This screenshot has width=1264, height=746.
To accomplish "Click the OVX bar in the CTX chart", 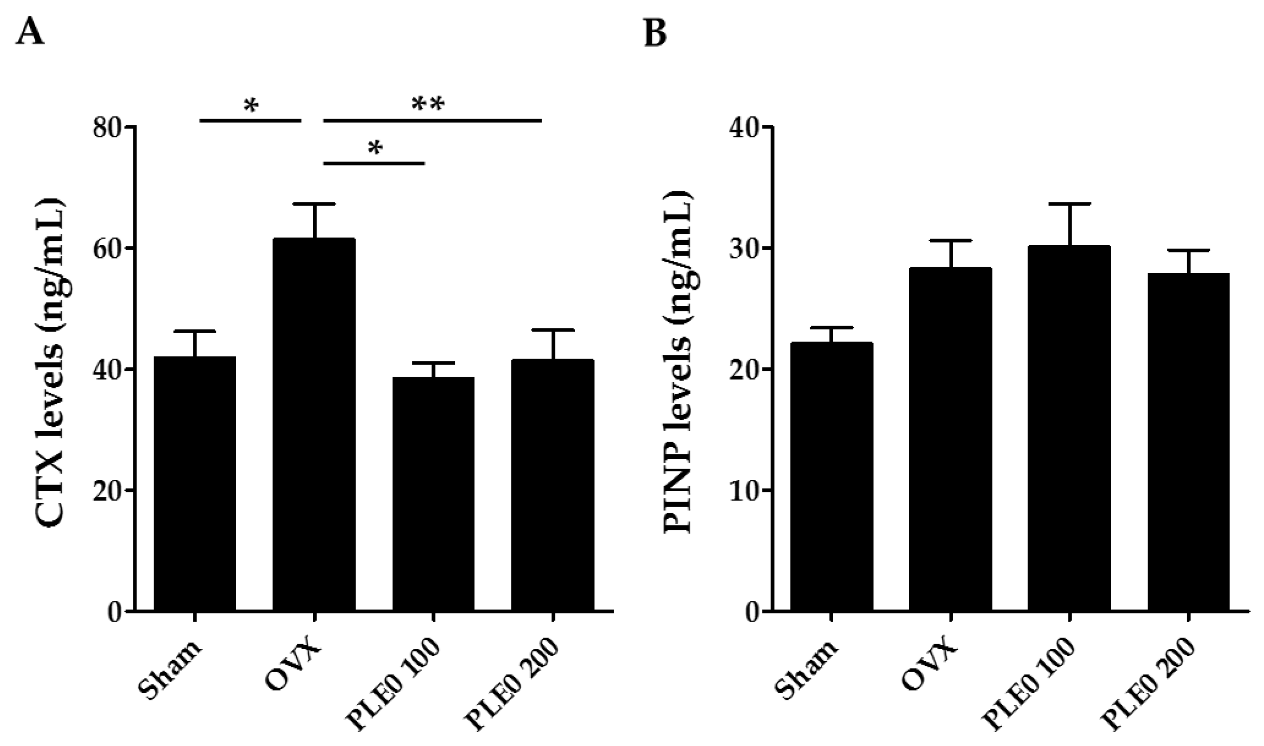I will [314, 425].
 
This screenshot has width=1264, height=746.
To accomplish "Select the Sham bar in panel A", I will [195, 484].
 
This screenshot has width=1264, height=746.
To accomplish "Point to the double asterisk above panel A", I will [428, 105].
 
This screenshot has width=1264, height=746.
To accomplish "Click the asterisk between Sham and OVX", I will [251, 106].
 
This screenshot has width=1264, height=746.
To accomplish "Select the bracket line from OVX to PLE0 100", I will [374, 164].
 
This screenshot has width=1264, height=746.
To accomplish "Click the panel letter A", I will [30, 33].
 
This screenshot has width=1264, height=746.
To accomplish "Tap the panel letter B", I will [655, 33].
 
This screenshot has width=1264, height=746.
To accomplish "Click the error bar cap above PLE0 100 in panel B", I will [1069, 204].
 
